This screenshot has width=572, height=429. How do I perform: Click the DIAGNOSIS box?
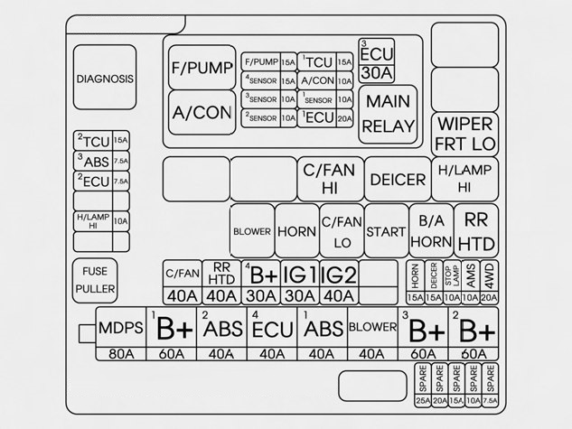[x=106, y=79]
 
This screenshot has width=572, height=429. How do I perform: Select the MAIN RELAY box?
[x=388, y=114]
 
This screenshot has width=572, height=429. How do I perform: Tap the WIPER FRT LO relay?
[x=465, y=134]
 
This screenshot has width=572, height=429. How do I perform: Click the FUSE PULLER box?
[x=95, y=278]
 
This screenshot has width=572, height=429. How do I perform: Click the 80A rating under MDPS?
[x=122, y=353]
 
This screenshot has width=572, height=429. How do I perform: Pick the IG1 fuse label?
[x=300, y=275]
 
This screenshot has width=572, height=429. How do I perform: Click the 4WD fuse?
[x=489, y=275]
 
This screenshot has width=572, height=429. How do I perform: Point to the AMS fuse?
[x=471, y=275]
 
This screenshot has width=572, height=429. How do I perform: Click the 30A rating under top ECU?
[x=376, y=72]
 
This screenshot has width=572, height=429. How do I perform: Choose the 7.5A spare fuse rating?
[x=490, y=401]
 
